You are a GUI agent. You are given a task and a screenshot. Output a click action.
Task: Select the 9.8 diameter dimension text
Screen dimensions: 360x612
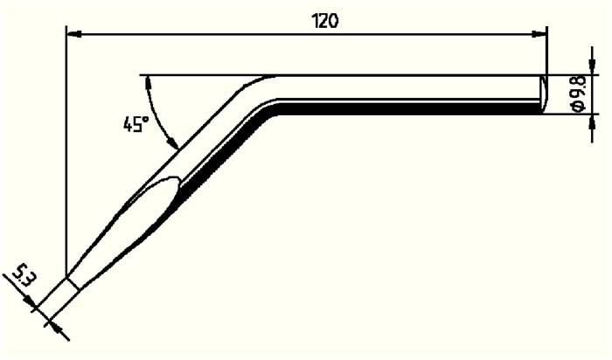[x=578, y=92]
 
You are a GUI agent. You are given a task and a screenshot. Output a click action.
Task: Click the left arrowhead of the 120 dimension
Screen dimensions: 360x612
[x=74, y=35]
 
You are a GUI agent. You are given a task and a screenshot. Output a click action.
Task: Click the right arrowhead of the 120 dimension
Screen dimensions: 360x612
[x=539, y=35]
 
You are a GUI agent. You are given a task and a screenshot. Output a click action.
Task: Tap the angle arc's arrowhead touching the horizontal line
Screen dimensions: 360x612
[x=146, y=81]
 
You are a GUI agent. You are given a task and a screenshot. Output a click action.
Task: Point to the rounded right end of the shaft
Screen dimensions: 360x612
[x=543, y=93]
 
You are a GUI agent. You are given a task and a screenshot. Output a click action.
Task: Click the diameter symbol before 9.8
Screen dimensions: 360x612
[x=578, y=107]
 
